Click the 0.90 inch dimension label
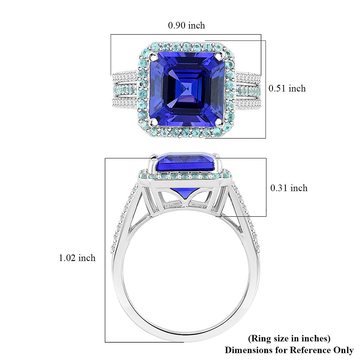tap(186, 25)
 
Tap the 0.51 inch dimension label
tap(287, 88)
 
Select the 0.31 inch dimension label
tap(289, 188)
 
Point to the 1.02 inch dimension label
tap(77, 258)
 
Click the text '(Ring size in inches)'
tap(289, 338)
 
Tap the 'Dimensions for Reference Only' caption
tap(289, 350)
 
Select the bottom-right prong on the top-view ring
tap(219, 121)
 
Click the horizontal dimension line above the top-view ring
tap(186, 34)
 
